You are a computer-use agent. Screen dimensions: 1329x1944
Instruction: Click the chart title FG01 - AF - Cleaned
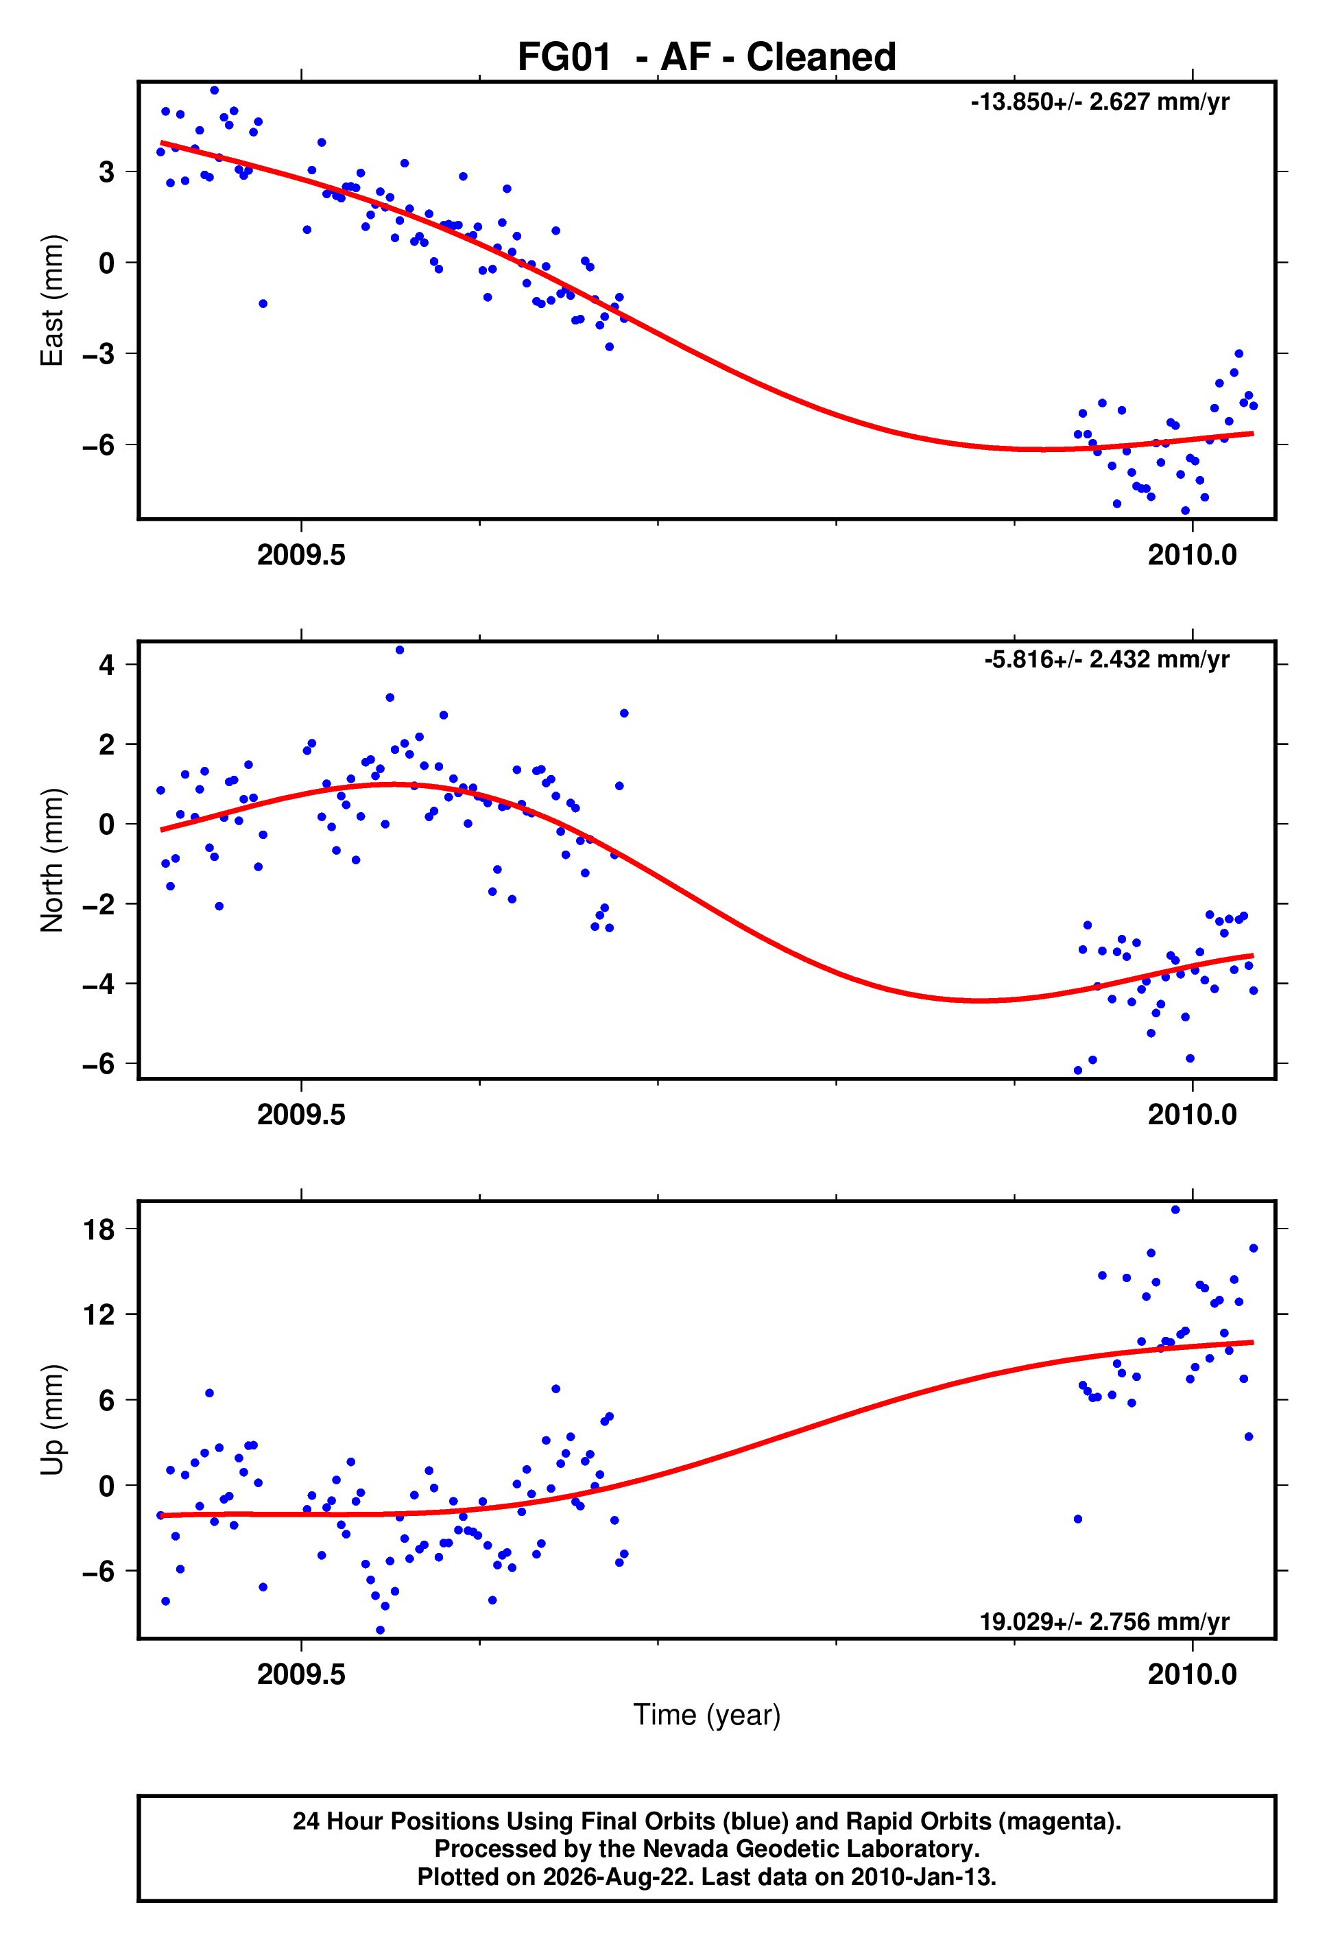(x=707, y=57)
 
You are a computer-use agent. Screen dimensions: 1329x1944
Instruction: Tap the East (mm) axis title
(x=52, y=300)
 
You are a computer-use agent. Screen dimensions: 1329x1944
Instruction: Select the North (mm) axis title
(x=52, y=860)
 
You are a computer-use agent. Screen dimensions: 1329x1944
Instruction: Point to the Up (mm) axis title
(x=52, y=1419)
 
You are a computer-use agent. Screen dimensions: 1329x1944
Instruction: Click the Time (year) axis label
(x=707, y=1715)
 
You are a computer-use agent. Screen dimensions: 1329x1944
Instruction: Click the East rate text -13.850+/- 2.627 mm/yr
(x=1100, y=102)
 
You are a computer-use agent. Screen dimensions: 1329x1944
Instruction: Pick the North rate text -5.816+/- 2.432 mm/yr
(x=1107, y=660)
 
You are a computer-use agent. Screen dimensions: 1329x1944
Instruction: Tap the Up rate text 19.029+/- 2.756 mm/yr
(x=1105, y=1622)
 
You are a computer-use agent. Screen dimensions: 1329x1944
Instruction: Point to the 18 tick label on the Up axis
(x=99, y=1230)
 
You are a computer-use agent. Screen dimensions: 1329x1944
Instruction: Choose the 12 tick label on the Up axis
(x=99, y=1315)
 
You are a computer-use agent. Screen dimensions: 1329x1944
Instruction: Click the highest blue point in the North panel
(x=400, y=650)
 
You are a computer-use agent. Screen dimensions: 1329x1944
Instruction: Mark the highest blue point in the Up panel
(x=1175, y=1209)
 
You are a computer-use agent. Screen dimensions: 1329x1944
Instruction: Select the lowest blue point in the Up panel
(x=381, y=1631)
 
